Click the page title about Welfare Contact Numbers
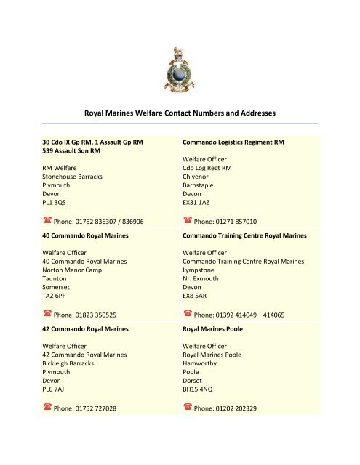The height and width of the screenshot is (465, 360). coord(180,113)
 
